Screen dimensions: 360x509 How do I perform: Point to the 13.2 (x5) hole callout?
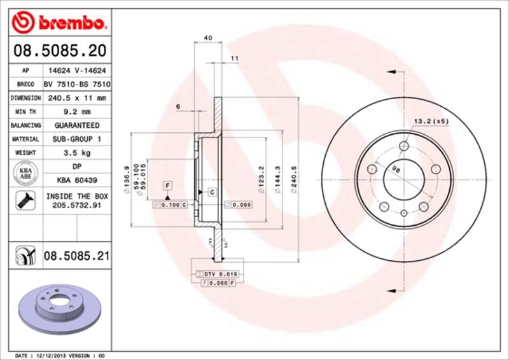(431, 120)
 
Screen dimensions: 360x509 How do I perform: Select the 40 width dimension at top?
(207, 38)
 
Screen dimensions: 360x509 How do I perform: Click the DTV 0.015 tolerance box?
(220, 272)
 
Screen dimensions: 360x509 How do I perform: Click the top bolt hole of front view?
(403, 146)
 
